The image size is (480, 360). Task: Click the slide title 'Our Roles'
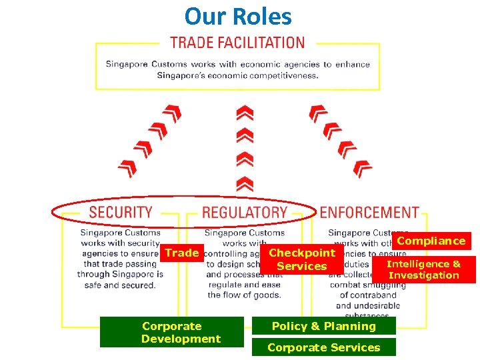(238, 15)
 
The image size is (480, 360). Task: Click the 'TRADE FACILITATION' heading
(237, 43)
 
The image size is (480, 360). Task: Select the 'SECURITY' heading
(121, 213)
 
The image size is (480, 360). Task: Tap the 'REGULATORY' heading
(245, 213)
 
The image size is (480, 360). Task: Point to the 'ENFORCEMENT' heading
(369, 213)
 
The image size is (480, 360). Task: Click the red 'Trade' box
(182, 253)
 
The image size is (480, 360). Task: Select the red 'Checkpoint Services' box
(301, 259)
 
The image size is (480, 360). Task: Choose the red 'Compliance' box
(431, 241)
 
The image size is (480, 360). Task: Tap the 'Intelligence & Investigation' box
(424, 269)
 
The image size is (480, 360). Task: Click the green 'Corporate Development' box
(171, 332)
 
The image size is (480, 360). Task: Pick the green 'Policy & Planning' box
(323, 326)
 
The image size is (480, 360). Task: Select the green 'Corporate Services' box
(323, 347)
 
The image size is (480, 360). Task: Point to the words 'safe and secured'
(120, 285)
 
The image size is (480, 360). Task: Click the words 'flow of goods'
(244, 295)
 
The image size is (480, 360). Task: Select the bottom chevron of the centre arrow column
(245, 182)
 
